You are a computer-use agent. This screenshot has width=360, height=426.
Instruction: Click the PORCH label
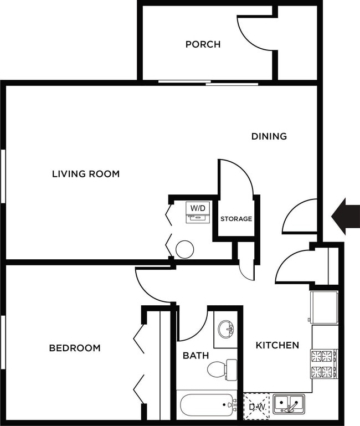(x=203, y=44)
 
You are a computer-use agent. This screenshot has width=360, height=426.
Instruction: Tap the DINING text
(x=269, y=136)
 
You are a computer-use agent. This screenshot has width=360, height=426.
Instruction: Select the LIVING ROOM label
(x=86, y=174)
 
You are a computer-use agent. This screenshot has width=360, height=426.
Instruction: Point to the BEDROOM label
(x=75, y=348)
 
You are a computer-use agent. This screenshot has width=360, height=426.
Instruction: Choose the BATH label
(x=196, y=355)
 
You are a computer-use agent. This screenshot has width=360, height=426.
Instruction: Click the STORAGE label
(x=236, y=219)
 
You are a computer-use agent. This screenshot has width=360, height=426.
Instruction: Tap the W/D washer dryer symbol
(x=198, y=212)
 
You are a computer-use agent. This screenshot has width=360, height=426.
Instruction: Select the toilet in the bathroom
(x=222, y=369)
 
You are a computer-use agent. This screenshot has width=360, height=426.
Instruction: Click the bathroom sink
(x=226, y=330)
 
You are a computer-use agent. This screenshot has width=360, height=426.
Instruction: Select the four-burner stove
(x=324, y=363)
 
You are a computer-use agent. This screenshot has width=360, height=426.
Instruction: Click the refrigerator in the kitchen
(x=324, y=307)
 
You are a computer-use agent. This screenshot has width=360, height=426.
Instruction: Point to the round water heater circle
(x=184, y=250)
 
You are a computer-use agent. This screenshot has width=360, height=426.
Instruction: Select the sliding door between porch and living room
(x=208, y=83)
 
